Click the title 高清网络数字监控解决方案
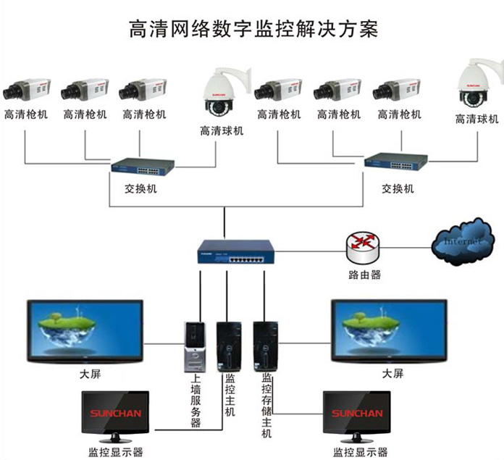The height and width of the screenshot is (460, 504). pyautogui.click(x=253, y=29)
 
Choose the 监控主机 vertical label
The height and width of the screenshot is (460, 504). pyautogui.click(x=230, y=395)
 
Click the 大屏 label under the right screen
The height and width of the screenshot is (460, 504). pyautogui.click(x=392, y=374)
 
